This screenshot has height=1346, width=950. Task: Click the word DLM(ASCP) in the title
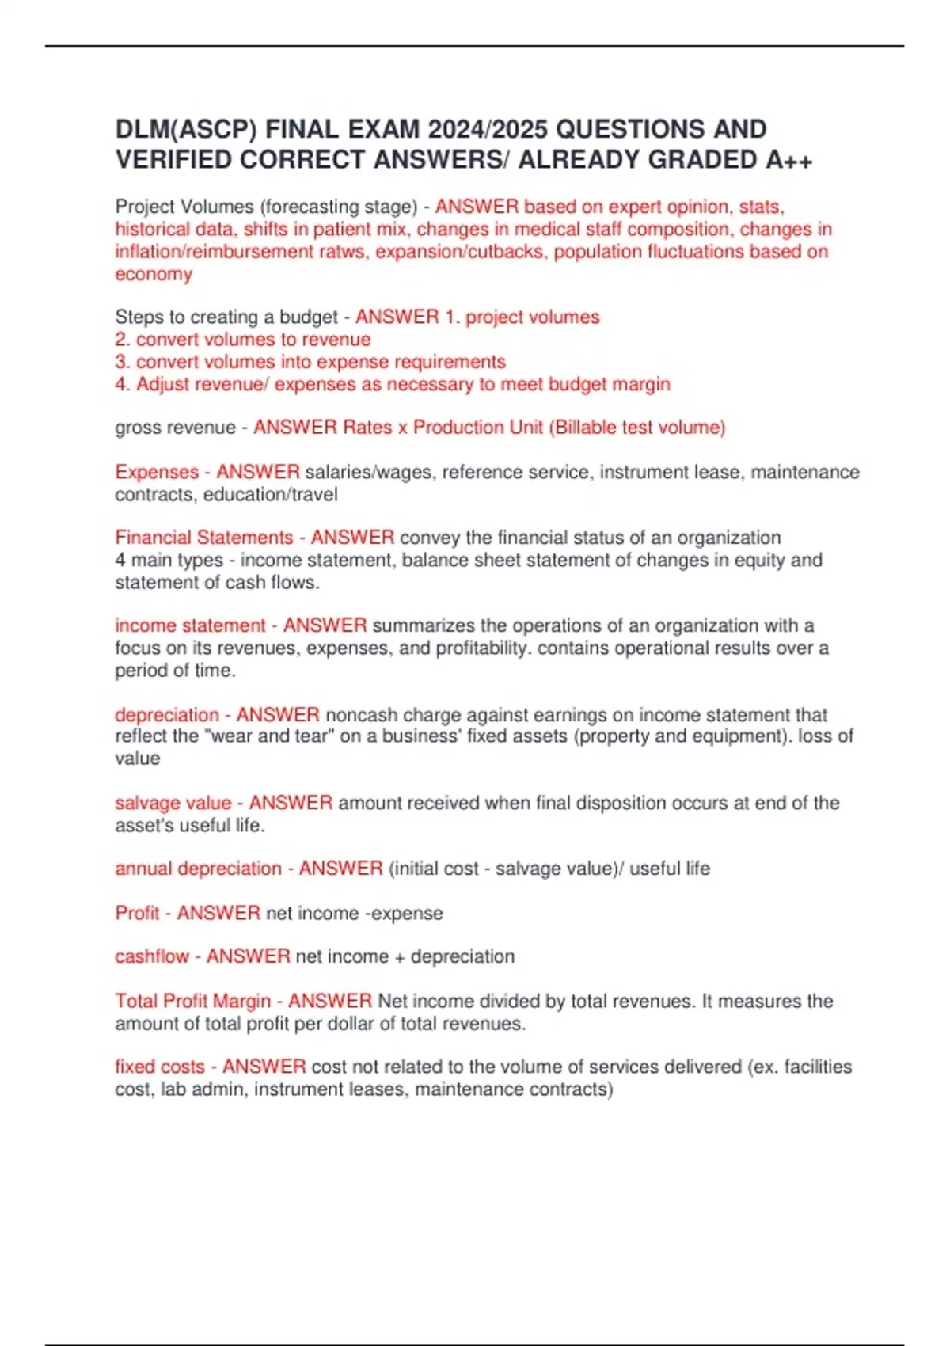pyautogui.click(x=186, y=129)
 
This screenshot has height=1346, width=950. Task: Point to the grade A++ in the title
pyautogui.click(x=788, y=160)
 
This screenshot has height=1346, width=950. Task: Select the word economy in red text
pyautogui.click(x=154, y=274)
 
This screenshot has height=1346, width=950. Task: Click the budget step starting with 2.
pyautogui.click(x=243, y=340)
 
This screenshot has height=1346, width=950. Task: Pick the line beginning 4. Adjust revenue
pyautogui.click(x=393, y=384)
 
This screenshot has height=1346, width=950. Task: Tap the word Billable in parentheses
pyautogui.click(x=587, y=428)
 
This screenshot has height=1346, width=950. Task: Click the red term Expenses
pyautogui.click(x=157, y=472)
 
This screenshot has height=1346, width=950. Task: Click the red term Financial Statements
pyautogui.click(x=204, y=538)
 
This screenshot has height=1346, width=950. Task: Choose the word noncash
pyautogui.click(x=362, y=715)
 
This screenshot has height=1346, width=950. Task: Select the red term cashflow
pyautogui.click(x=152, y=956)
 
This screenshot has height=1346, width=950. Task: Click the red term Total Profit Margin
pyautogui.click(x=193, y=1001)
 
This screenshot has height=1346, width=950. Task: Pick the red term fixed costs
pyautogui.click(x=160, y=1067)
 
